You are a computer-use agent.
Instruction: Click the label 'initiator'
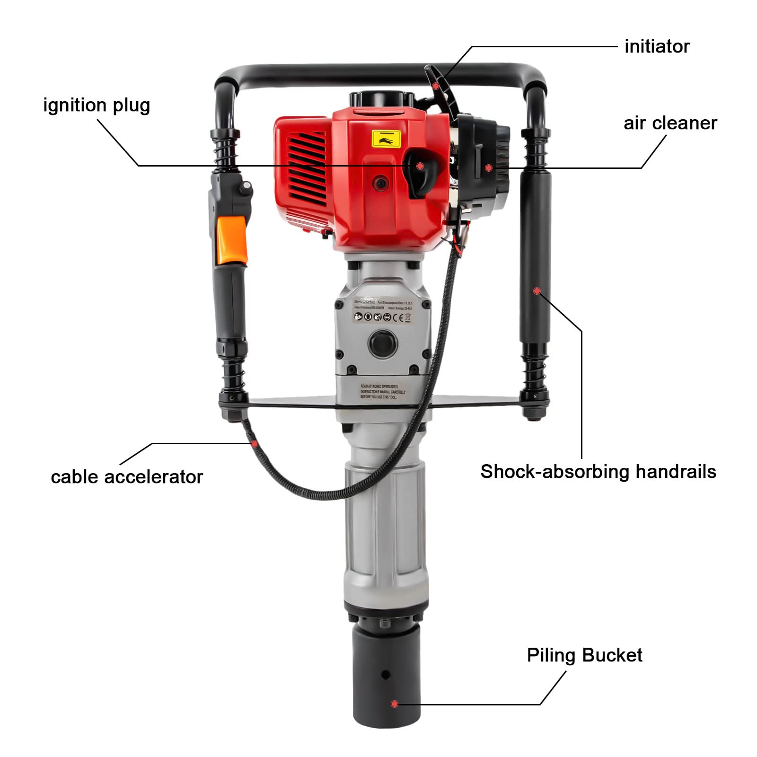click(657, 46)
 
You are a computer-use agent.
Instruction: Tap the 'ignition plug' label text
click(97, 105)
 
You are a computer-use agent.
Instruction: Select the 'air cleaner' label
click(670, 123)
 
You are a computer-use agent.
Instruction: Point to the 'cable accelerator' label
click(127, 476)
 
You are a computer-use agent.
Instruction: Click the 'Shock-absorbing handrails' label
click(598, 472)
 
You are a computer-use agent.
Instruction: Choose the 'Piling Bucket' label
click(584, 655)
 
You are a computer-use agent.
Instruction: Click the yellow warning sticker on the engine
click(387, 139)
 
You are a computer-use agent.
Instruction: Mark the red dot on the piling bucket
click(395, 704)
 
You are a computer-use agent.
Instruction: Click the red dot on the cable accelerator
click(255, 444)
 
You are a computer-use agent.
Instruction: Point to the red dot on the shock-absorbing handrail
click(537, 290)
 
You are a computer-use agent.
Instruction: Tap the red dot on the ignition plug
click(420, 166)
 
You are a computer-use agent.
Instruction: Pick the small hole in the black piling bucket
click(386, 675)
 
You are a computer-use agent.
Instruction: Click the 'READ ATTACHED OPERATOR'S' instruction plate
click(382, 392)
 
